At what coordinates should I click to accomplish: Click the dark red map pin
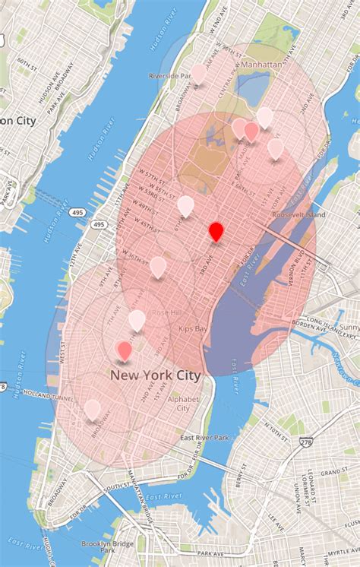click(216, 231)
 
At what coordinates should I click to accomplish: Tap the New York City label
click(156, 375)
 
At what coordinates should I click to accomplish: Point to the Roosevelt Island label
click(294, 215)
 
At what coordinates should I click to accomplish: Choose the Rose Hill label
click(166, 312)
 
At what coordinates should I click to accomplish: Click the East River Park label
click(204, 438)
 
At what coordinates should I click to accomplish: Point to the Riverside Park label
click(170, 76)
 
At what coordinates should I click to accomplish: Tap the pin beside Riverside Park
click(198, 73)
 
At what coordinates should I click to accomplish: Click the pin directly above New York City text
click(125, 350)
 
